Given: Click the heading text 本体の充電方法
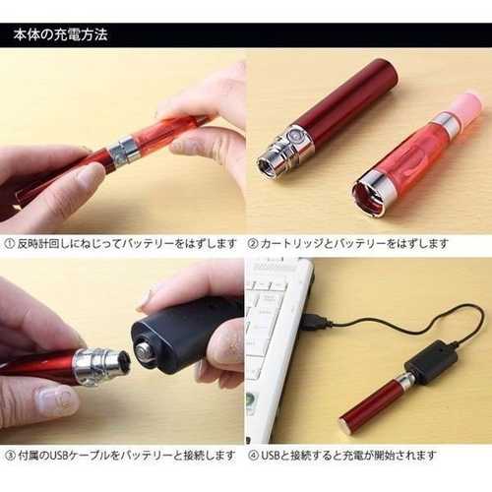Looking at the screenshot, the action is (61, 34).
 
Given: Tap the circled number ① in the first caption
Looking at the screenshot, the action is (10, 244).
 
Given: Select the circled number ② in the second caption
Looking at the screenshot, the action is (253, 244).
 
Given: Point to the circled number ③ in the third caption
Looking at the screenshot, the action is (11, 456).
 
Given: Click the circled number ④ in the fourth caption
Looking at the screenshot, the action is (254, 456).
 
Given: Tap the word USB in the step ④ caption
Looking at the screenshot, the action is (271, 456).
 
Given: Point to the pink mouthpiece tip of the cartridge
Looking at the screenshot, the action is (465, 104).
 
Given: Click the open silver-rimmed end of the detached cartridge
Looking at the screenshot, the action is (370, 194).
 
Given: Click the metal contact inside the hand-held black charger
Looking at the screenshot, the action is (145, 353).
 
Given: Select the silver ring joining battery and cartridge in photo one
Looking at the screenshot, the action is (124, 152).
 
